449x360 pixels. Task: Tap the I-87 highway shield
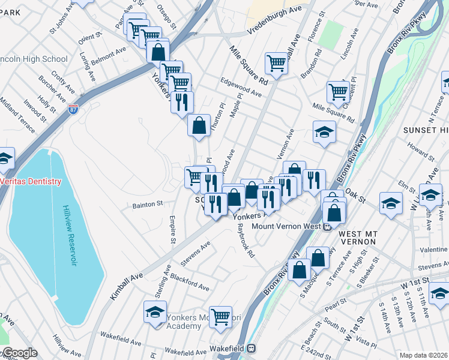(x=73, y=110)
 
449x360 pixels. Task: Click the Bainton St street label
(x=148, y=204)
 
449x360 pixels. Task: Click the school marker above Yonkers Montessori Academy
(x=155, y=312)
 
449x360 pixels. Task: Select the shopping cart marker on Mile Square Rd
(x=276, y=62)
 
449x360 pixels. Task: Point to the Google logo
(x=19, y=353)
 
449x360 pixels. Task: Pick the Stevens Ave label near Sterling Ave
(x=196, y=253)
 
